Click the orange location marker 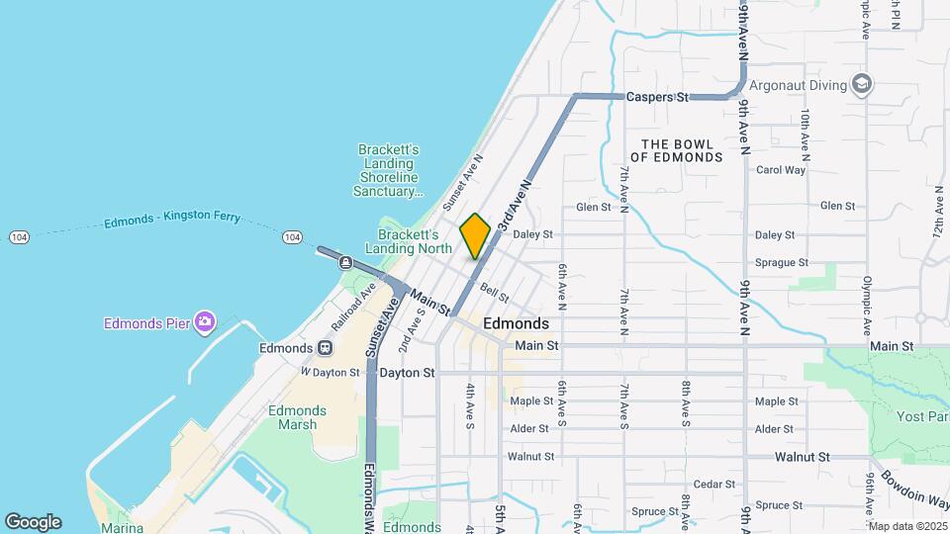(475, 235)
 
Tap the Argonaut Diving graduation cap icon (861, 84)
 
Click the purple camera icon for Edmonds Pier (205, 320)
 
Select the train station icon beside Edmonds (324, 348)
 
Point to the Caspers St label (657, 98)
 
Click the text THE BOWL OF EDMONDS (677, 150)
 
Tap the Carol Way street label (780, 170)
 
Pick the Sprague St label (782, 263)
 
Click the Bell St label (494, 293)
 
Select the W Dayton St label (330, 372)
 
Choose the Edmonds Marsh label (297, 417)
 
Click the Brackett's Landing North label (408, 241)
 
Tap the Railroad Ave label (354, 303)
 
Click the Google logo (33, 522)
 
